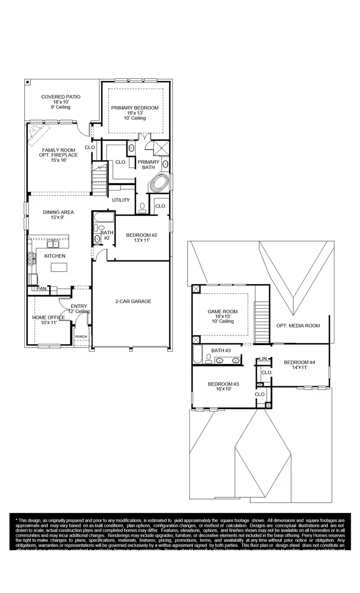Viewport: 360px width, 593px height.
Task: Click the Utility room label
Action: click(x=121, y=200)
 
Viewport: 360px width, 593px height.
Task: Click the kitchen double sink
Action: click(x=53, y=244)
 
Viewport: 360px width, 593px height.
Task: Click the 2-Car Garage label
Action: click(x=130, y=301)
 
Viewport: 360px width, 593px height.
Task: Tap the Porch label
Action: click(x=81, y=337)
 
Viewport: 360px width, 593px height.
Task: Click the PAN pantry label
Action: click(x=41, y=289)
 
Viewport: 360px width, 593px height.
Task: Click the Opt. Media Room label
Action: click(x=298, y=326)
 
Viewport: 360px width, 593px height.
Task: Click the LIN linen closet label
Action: click(x=264, y=359)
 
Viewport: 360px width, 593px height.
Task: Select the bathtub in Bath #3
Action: click(x=198, y=354)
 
